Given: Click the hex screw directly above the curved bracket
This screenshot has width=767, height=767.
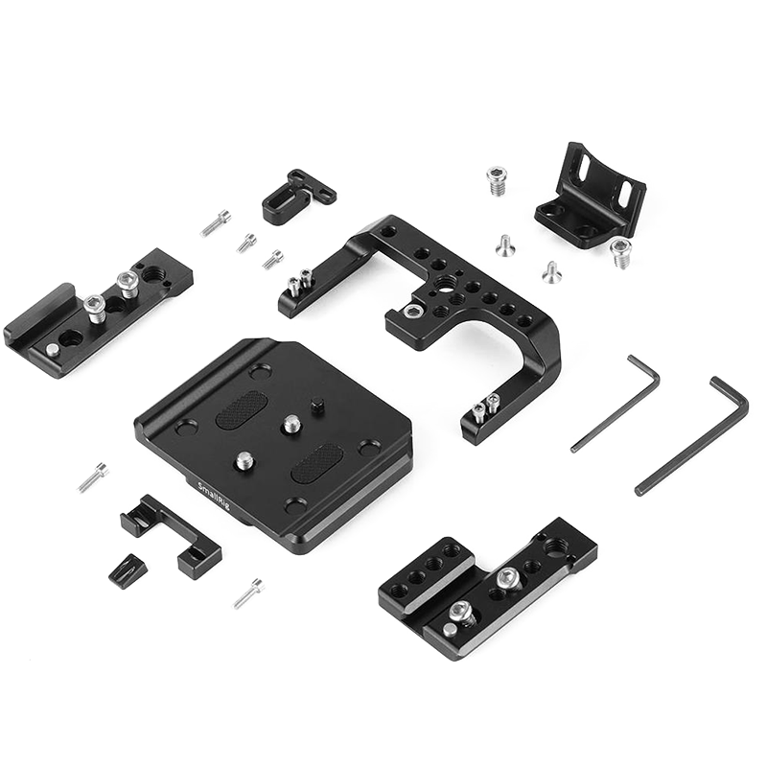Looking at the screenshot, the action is coord(496,181).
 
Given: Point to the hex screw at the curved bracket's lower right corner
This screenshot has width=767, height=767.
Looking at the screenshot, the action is coord(619,252).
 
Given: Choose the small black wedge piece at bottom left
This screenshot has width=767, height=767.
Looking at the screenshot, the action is coord(123,571).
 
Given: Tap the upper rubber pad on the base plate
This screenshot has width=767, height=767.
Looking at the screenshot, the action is coord(242,409).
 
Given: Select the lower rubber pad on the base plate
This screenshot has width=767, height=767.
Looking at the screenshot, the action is coord(317,463).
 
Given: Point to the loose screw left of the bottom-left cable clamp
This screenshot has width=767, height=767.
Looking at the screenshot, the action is coord(93,476).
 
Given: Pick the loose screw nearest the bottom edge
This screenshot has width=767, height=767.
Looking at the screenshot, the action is coord(249,593).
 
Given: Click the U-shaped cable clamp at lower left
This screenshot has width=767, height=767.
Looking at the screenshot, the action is coord(171,534).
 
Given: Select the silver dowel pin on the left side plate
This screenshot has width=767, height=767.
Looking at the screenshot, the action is coord(53,349).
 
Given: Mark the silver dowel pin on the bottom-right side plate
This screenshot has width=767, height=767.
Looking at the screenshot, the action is coord(449,630).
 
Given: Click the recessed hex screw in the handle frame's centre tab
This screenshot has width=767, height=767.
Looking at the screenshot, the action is coord(411,311).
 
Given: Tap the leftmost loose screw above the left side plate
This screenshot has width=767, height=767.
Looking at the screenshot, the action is coord(216,223).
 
